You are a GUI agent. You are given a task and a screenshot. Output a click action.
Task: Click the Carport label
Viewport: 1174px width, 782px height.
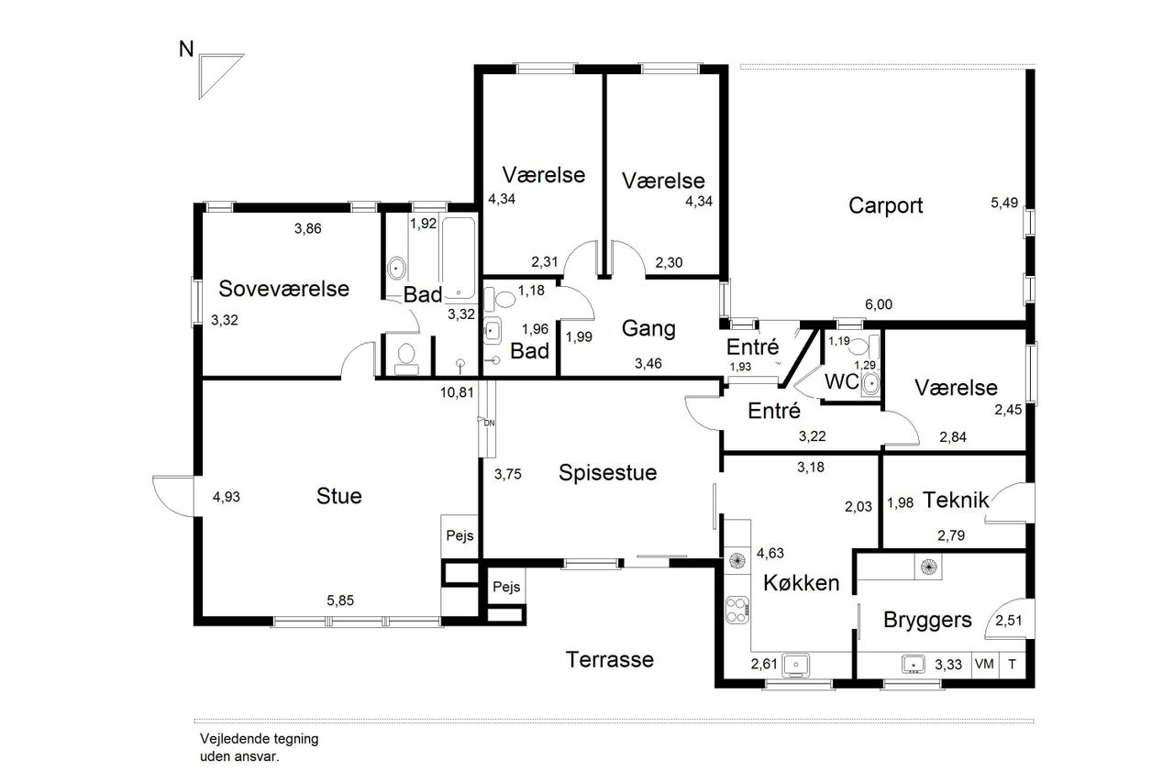tap(885, 205)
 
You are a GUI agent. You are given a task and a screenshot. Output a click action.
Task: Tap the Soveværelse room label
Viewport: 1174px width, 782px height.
tap(283, 289)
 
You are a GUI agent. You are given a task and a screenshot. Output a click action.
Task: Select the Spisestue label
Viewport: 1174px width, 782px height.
tap(607, 473)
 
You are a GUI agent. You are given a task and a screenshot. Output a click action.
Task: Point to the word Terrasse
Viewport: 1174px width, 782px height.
tap(610, 659)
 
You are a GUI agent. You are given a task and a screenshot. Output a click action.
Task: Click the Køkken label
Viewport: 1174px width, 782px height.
tap(801, 582)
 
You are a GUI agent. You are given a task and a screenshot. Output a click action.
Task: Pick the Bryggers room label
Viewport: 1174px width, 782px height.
tap(927, 620)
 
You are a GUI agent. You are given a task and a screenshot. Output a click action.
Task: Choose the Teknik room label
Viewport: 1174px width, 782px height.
tap(956, 501)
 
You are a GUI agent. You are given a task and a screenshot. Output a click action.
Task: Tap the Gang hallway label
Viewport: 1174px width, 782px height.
tap(648, 329)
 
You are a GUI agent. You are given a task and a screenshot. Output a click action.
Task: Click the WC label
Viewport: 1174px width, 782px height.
tap(842, 382)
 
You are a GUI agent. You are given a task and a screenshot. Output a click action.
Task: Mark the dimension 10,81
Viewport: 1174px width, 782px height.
tap(457, 392)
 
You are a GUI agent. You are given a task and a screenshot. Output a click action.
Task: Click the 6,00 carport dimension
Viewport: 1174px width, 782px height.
tap(879, 304)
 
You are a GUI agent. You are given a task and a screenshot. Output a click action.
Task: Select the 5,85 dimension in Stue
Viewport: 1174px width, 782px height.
tap(340, 600)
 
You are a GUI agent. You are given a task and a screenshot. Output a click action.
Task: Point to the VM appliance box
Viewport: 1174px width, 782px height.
tap(985, 664)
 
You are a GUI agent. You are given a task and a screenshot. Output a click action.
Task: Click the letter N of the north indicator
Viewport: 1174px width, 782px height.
tap(186, 50)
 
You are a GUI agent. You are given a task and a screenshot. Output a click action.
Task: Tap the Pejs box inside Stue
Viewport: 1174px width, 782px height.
tap(460, 535)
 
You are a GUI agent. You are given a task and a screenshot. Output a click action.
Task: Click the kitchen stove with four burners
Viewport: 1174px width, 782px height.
tap(737, 611)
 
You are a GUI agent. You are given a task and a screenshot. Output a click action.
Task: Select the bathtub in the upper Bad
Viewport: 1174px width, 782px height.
tap(459, 259)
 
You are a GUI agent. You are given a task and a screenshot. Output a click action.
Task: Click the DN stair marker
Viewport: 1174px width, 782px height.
tap(487, 422)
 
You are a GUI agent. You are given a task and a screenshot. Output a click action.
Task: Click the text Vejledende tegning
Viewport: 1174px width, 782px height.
tap(259, 739)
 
